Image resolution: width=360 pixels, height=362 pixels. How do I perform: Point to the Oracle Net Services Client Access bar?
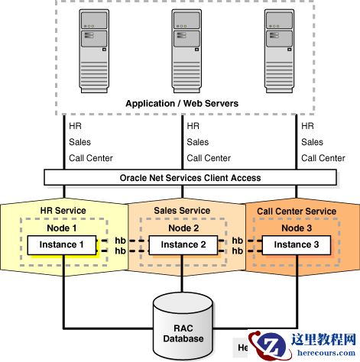coord(190,177)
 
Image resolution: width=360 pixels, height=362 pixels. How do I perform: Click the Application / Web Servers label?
coord(181,103)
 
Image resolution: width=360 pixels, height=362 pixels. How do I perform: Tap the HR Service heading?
coord(63,211)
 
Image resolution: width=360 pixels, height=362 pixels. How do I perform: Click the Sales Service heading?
coord(181,211)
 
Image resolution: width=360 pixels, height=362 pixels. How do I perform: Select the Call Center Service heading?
coord(297,211)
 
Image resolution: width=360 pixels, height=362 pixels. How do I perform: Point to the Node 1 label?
coord(63,227)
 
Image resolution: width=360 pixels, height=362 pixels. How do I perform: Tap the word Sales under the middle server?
coord(197,142)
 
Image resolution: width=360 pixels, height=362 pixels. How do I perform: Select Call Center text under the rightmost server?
coord(323,158)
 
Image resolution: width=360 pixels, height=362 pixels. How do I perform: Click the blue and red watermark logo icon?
coord(270,345)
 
